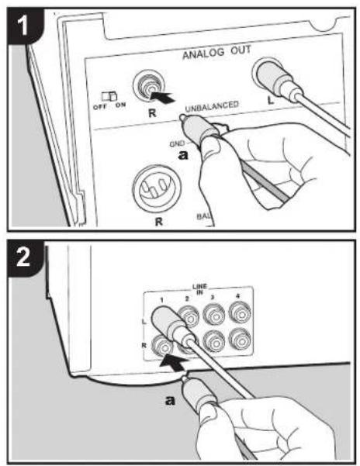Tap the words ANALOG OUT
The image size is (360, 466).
pyautogui.click(x=216, y=53)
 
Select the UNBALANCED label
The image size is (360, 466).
pyautogui.click(x=212, y=106)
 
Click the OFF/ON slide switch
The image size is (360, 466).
pyautogui.click(x=109, y=96)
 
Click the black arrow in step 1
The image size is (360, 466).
pyautogui.click(x=162, y=97)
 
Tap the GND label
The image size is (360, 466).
pyautogui.click(x=177, y=144)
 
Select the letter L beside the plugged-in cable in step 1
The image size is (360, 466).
pyautogui.click(x=270, y=100)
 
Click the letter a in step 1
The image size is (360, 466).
pyautogui.click(x=183, y=154)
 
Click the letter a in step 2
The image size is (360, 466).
pyautogui.click(x=170, y=400)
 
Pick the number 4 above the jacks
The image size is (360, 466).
pyautogui.click(x=238, y=296)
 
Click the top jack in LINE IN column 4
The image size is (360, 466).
pyautogui.click(x=240, y=312)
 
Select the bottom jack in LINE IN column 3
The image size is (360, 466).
pyautogui.click(x=214, y=340)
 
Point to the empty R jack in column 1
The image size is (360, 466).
pyautogui.click(x=162, y=346)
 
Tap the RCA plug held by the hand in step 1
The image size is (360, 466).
pyautogui.click(x=199, y=129)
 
